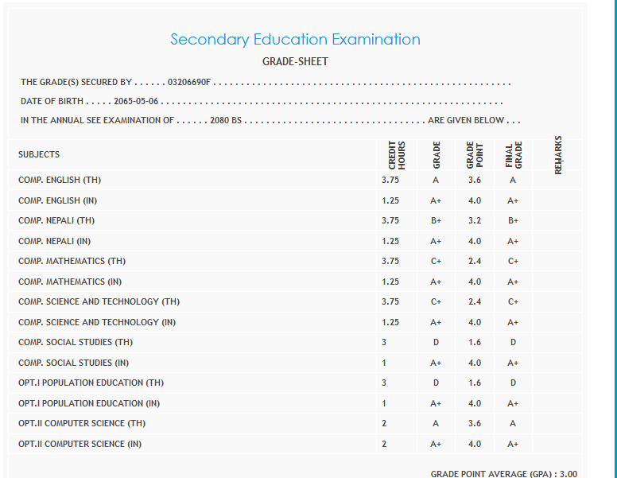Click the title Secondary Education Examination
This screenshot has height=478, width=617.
(295, 39)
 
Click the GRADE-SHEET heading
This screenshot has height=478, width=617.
(295, 61)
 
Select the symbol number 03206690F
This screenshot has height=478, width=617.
(190, 82)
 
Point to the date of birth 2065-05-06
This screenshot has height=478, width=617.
(136, 102)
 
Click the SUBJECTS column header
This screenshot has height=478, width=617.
(39, 154)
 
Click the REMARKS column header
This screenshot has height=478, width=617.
(558, 154)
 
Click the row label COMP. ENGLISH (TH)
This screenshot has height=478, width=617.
(60, 181)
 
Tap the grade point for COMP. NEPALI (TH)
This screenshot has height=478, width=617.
(475, 220)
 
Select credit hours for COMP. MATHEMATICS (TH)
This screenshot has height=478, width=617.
(390, 261)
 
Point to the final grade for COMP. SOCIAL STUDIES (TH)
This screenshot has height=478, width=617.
(513, 342)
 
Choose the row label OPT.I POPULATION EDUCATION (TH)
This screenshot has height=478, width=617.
(91, 383)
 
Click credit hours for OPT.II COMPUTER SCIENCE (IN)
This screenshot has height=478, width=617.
(384, 444)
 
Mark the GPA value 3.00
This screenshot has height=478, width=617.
(568, 473)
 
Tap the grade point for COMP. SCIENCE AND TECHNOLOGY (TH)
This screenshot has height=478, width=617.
(475, 301)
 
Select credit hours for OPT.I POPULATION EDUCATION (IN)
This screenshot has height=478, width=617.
(384, 403)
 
